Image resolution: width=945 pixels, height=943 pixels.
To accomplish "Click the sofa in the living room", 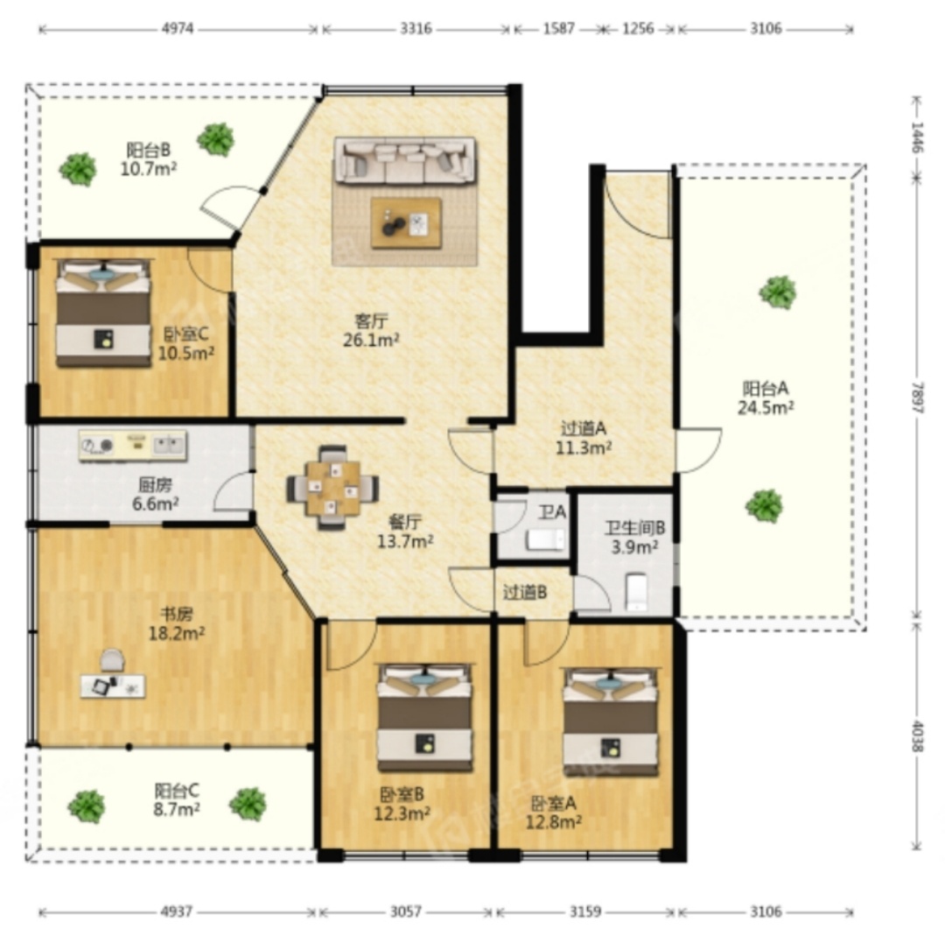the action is click(x=405, y=159).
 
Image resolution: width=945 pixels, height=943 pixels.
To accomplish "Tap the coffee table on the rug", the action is click(x=406, y=222).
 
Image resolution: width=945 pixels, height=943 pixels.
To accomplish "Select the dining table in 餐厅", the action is click(x=332, y=488).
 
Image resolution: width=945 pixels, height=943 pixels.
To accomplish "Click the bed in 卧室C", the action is click(x=103, y=313).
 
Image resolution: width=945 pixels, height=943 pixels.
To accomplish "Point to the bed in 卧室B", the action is click(x=425, y=717).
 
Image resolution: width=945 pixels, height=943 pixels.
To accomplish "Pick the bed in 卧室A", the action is click(x=610, y=721).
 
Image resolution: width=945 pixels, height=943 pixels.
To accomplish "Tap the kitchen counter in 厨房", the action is click(x=133, y=446).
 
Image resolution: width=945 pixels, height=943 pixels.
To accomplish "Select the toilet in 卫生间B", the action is click(x=636, y=592).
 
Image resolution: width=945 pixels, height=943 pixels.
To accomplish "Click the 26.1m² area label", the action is click(x=371, y=340).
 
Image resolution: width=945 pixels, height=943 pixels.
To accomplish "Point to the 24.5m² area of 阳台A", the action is click(x=766, y=408).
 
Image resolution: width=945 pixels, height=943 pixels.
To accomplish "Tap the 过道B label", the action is click(x=525, y=593).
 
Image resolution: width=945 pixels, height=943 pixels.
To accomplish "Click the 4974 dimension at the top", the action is click(x=178, y=28).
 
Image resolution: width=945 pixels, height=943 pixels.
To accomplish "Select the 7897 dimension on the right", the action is click(x=917, y=397).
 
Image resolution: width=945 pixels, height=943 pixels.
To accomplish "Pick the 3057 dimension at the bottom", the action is click(x=406, y=911).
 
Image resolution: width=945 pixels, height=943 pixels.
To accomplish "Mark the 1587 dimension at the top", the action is click(x=558, y=28).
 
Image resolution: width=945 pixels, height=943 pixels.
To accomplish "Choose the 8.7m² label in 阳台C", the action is click(x=177, y=809).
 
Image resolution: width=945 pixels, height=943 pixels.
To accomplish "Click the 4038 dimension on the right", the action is click(x=917, y=735).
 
